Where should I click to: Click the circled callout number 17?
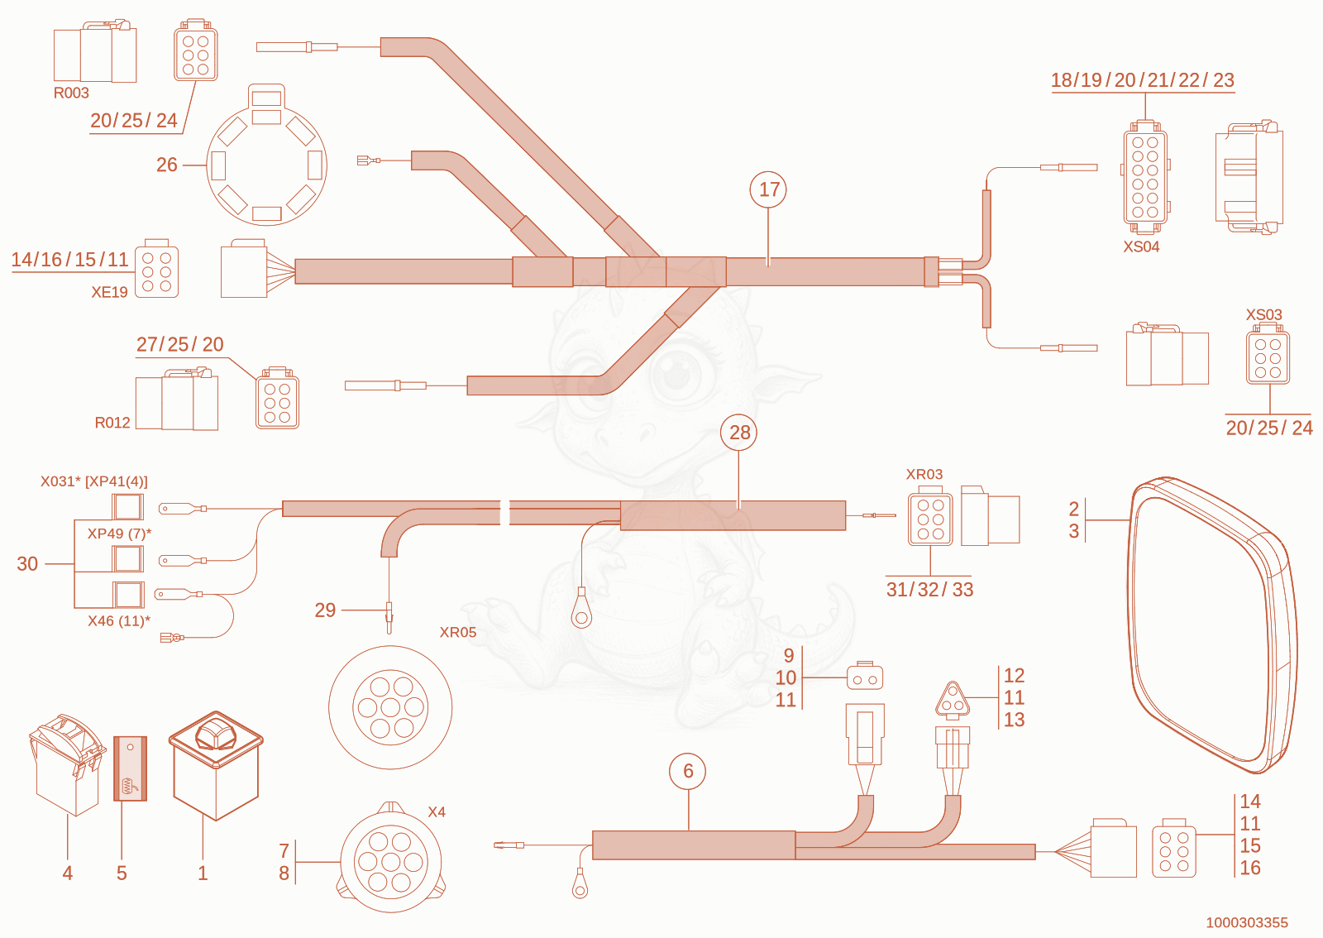[768, 189]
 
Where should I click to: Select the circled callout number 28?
[739, 433]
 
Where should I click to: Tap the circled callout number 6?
[687, 771]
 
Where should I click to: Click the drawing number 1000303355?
[1247, 922]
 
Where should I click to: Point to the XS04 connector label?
[1141, 246]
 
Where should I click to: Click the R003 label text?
[71, 93]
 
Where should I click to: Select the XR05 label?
[458, 632]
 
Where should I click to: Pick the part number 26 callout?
[166, 165]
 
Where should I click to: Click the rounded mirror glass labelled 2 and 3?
[1211, 625]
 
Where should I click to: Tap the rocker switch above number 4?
[67, 764]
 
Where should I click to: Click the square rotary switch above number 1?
[216, 765]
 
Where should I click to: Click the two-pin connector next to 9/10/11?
[865, 677]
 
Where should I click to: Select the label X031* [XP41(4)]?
[94, 481]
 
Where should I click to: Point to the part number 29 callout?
[325, 610]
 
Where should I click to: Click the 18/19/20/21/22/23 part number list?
[1142, 79]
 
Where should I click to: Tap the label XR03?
[924, 474]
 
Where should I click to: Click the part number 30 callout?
[27, 563]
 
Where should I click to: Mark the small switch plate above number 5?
[130, 768]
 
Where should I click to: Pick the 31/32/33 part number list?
[929, 590]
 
